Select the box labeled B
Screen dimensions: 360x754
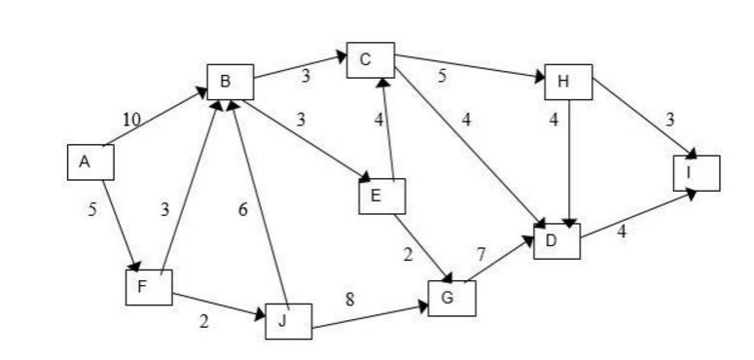[x=231, y=82]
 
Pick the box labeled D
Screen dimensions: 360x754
[x=557, y=240]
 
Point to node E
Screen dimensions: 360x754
[x=381, y=197]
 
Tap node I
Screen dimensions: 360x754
[x=697, y=172]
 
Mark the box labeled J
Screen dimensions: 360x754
[x=289, y=320]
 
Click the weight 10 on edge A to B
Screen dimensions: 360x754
[x=131, y=118]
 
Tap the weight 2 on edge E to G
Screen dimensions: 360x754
[x=411, y=255]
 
